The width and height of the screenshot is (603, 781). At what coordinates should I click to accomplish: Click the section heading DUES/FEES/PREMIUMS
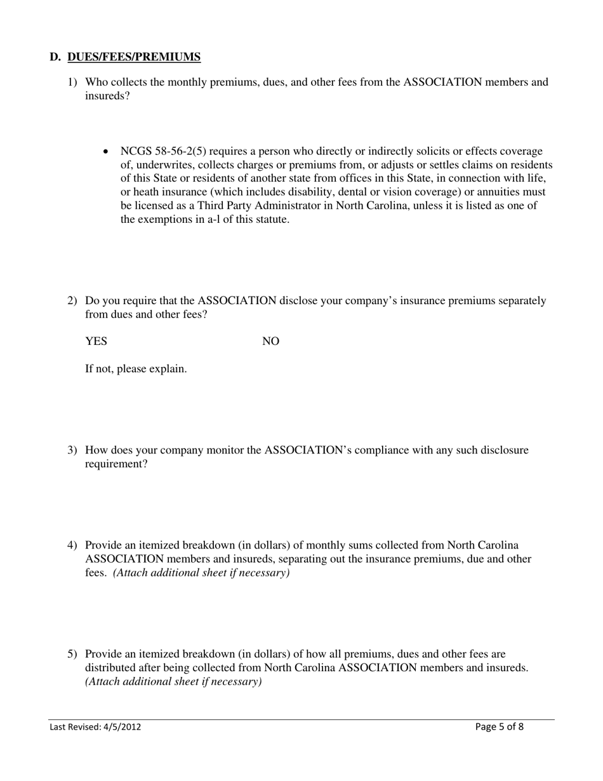(x=134, y=58)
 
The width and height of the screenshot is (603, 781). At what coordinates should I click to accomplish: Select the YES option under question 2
(x=96, y=342)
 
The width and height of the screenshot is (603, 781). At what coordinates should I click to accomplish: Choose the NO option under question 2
(x=271, y=342)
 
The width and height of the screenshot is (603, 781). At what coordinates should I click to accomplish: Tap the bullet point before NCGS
(x=106, y=152)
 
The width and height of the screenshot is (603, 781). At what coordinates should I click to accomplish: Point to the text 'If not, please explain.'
(x=136, y=369)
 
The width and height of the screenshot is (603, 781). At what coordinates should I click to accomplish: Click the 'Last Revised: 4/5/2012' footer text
(x=95, y=727)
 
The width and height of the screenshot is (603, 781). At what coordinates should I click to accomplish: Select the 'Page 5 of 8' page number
(x=500, y=727)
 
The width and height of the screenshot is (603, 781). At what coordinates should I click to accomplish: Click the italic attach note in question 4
(x=201, y=573)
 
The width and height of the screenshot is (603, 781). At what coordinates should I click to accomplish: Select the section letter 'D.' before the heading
(x=55, y=58)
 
